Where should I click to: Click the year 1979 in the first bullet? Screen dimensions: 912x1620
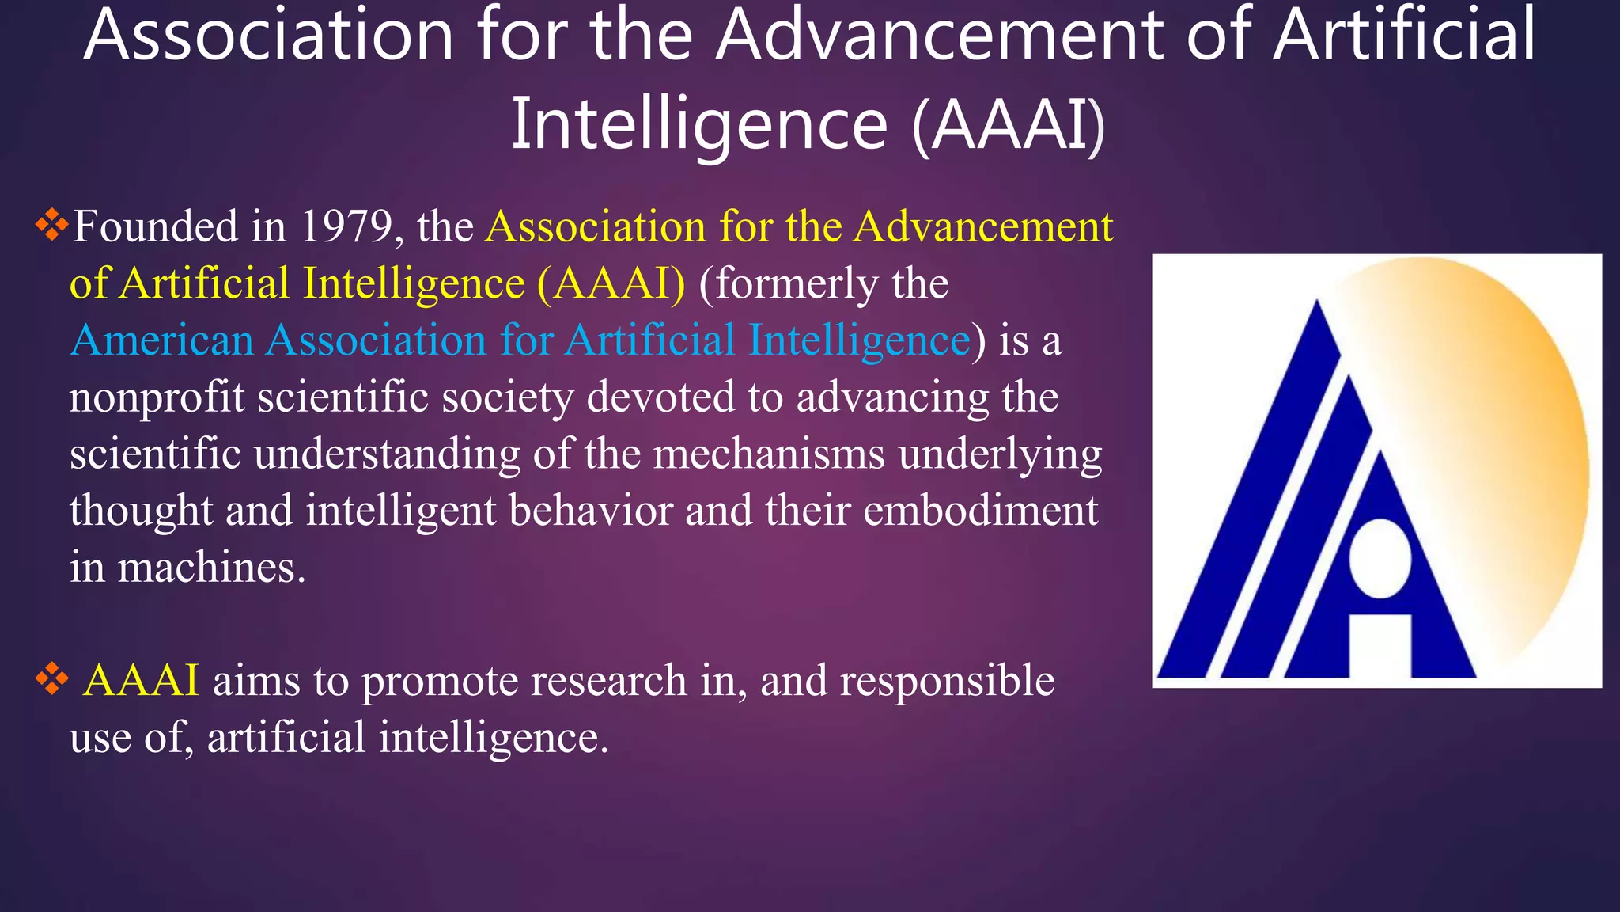(x=346, y=227)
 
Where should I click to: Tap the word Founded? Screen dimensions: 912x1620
(x=155, y=227)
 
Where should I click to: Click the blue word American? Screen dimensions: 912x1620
(x=161, y=341)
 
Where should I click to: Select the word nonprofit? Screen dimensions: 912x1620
(x=157, y=398)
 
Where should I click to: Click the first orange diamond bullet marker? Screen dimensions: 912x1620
(x=51, y=226)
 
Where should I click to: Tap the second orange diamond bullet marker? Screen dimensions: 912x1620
(x=51, y=679)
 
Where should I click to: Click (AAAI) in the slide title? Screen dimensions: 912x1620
(x=1008, y=125)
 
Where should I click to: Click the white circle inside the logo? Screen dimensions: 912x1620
(x=1380, y=559)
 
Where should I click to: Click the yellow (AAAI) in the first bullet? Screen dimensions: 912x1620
(x=611, y=284)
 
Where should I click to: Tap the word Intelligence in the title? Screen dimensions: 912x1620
(x=699, y=125)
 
